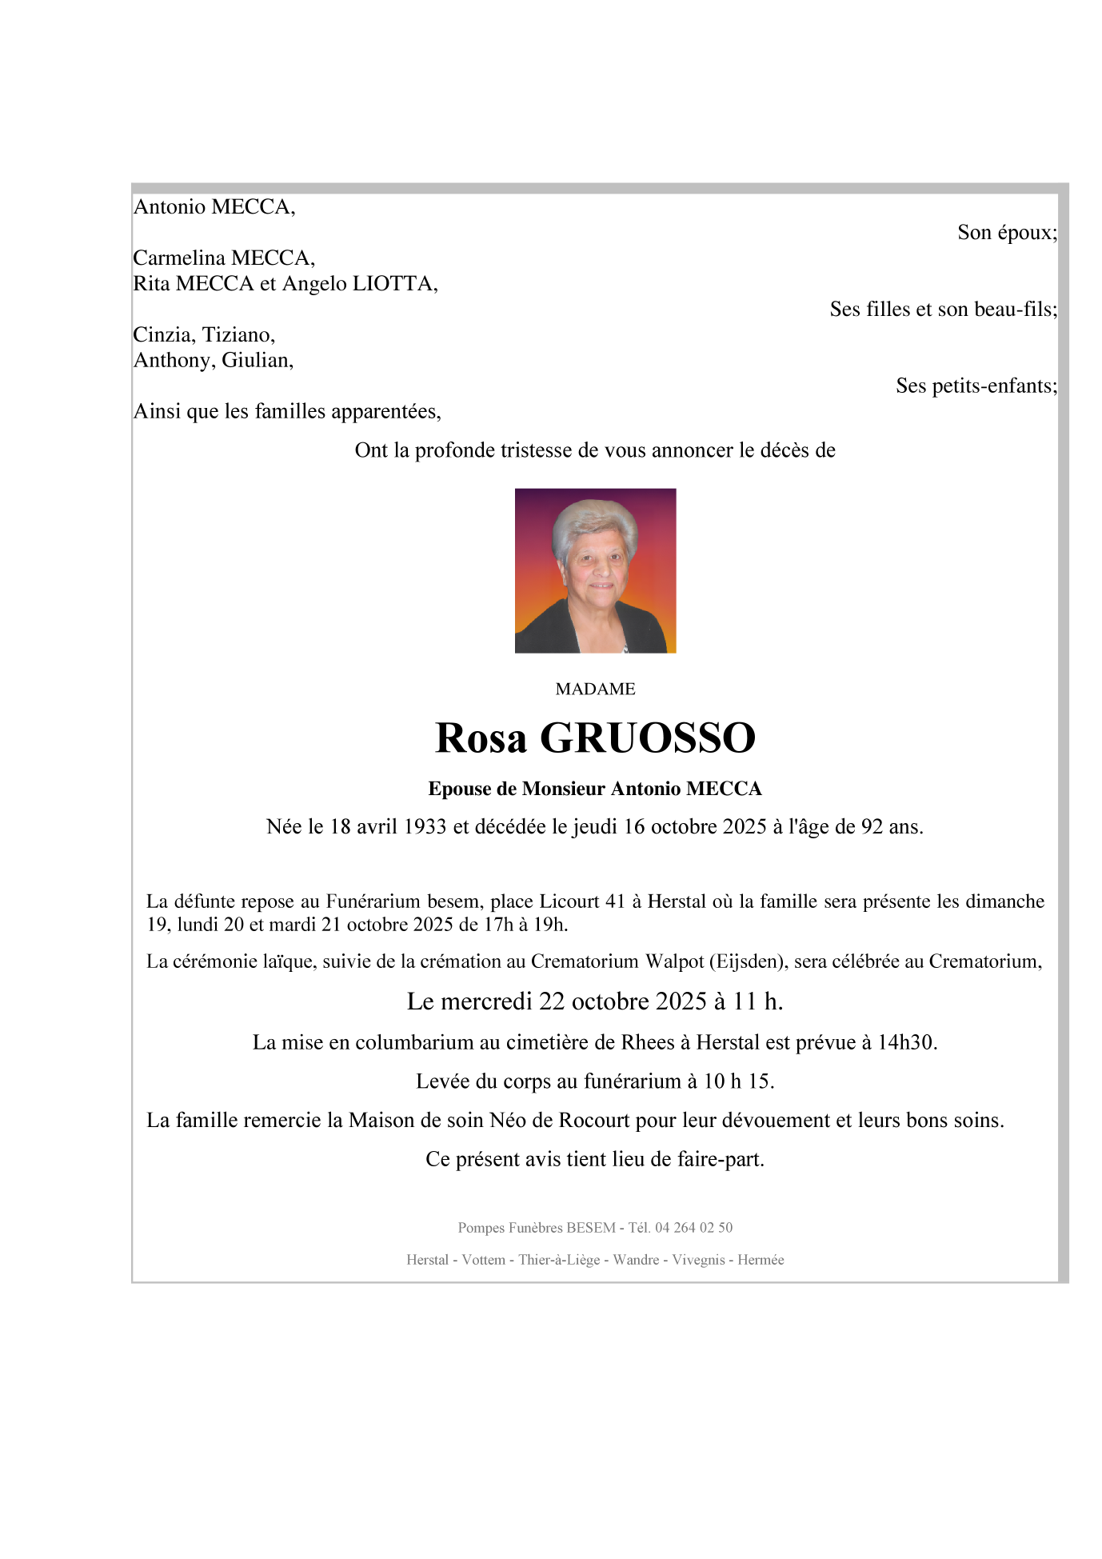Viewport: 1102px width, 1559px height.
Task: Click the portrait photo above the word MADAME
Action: [x=595, y=570]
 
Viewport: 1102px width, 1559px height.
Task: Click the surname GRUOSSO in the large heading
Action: [x=648, y=738]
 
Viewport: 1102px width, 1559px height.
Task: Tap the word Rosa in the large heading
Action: [x=481, y=738]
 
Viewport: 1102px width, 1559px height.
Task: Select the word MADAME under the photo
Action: [x=595, y=689]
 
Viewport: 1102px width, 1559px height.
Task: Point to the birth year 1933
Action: [x=425, y=826]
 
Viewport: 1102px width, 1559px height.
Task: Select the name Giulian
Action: [x=258, y=360]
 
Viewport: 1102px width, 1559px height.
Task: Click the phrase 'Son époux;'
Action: [x=1007, y=232]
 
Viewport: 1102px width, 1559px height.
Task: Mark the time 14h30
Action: [x=907, y=1042]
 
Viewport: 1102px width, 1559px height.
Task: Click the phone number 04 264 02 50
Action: [x=693, y=1227]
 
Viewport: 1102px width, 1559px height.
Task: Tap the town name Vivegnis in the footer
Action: [x=698, y=1259]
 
